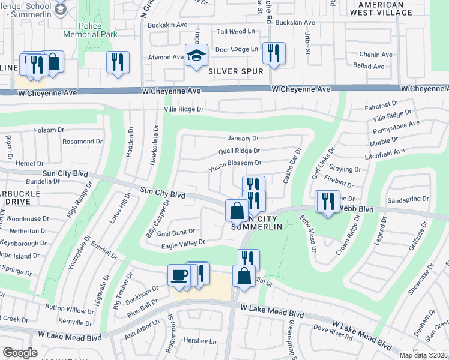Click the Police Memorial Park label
click(x=99, y=31)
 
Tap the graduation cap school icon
click(x=196, y=56)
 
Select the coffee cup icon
click(x=179, y=275)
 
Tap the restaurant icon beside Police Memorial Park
click(x=118, y=62)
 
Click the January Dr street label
click(x=243, y=138)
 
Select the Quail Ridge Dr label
click(x=239, y=151)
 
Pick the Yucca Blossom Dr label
click(x=234, y=163)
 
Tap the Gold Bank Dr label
click(x=175, y=232)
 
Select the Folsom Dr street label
click(x=49, y=130)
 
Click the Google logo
click(x=20, y=353)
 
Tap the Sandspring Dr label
click(x=409, y=199)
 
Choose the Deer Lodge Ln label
click(x=237, y=49)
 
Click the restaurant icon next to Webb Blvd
click(x=327, y=202)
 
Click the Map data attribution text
click(x=423, y=355)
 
